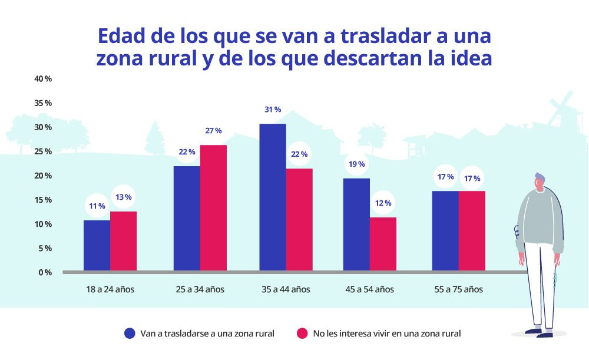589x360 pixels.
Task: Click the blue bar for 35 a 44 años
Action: (273, 197)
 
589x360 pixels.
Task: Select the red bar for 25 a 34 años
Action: (213, 208)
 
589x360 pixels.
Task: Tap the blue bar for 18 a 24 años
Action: (97, 246)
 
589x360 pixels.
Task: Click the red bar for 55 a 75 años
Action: (472, 231)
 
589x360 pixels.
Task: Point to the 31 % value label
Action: (273, 110)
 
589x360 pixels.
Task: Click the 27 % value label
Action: (213, 131)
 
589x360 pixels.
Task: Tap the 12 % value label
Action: (383, 203)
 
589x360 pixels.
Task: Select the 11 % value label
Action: (97, 206)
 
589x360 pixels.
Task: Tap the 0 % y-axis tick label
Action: (45, 272)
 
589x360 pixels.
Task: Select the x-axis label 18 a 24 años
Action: (110, 289)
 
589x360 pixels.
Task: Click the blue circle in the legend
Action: (130, 333)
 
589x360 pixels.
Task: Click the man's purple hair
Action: (540, 177)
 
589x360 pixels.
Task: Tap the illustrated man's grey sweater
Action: (539, 218)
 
